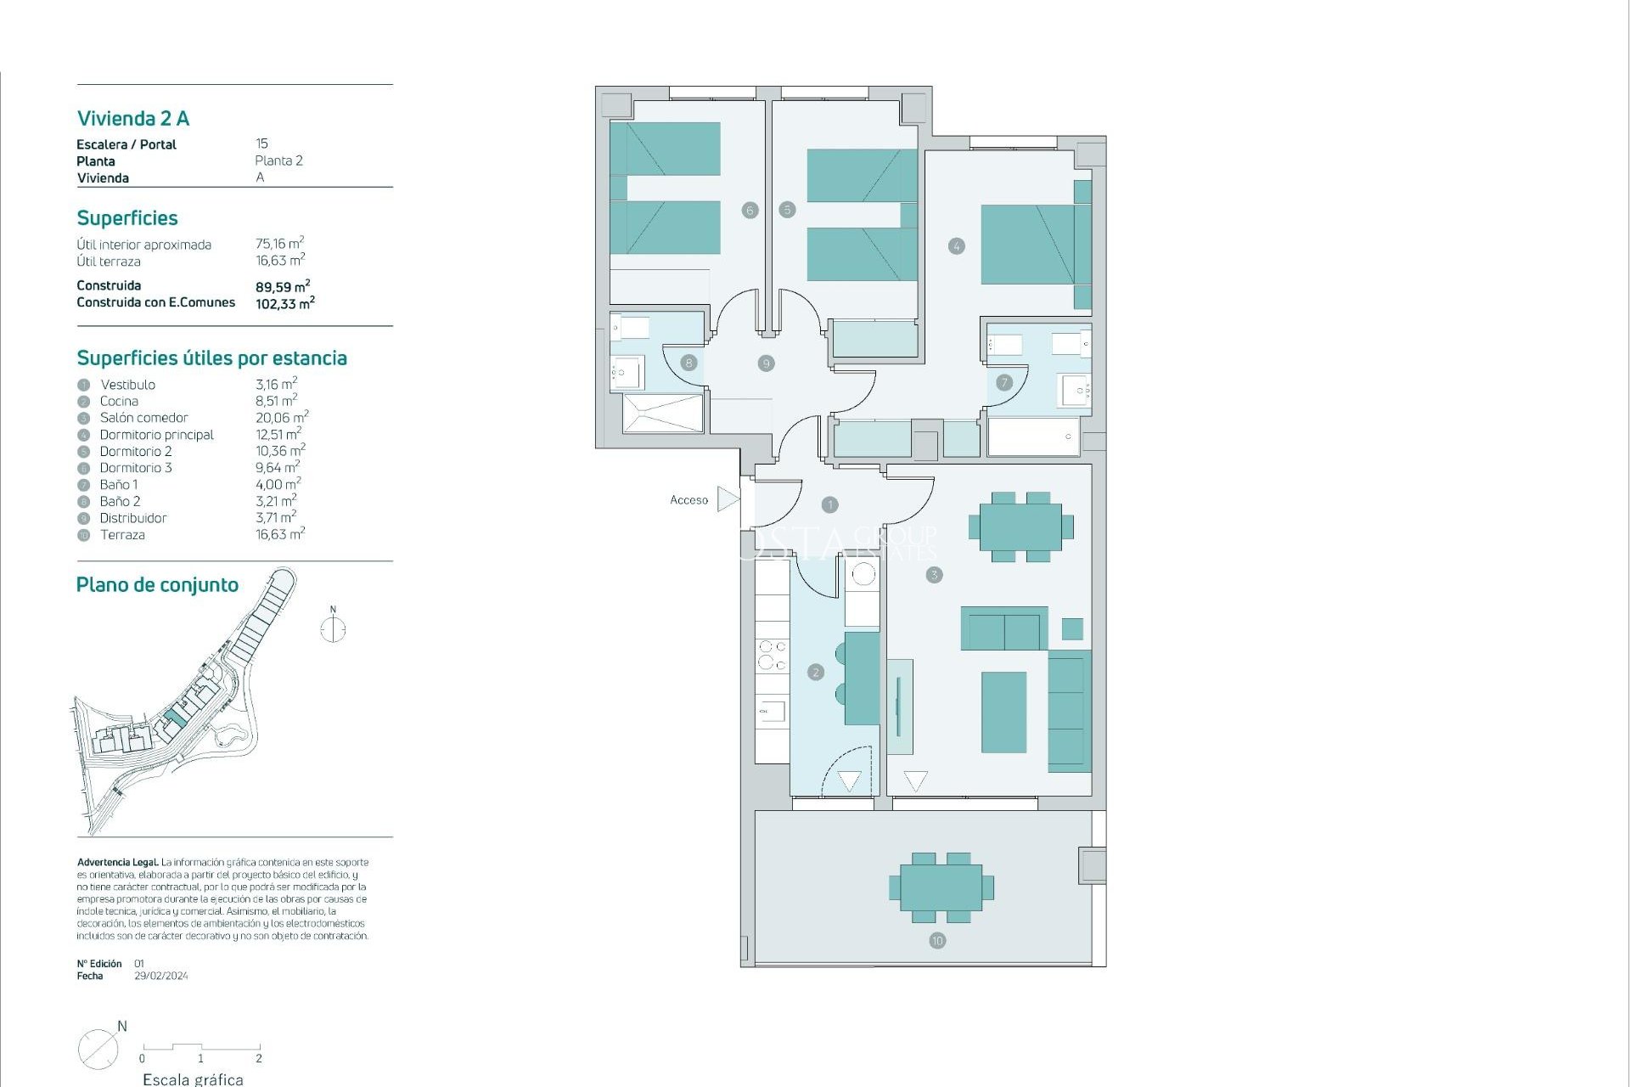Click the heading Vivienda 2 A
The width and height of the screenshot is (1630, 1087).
click(x=133, y=119)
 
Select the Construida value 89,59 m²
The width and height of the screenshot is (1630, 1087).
click(x=283, y=287)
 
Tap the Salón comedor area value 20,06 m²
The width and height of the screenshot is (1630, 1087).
click(x=282, y=417)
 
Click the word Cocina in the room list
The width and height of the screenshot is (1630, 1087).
click(x=119, y=401)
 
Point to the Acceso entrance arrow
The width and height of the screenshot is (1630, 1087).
click(x=728, y=499)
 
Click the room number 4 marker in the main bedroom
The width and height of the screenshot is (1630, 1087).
click(x=956, y=246)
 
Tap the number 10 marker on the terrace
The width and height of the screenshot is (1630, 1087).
click(x=937, y=940)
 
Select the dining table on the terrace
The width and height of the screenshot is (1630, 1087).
click(x=941, y=887)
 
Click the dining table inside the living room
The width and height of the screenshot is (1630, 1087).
click(x=1020, y=527)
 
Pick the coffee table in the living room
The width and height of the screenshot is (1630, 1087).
click(x=1003, y=712)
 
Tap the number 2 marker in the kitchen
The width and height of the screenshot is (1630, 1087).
click(x=816, y=673)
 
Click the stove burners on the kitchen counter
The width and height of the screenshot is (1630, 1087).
click(x=772, y=656)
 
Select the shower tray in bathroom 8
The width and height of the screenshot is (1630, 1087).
click(x=662, y=413)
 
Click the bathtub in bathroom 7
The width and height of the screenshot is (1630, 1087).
click(x=1032, y=436)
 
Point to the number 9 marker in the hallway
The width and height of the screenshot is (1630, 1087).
click(x=766, y=363)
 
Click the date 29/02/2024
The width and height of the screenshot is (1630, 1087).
click(x=161, y=976)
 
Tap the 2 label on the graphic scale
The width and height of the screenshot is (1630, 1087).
click(x=259, y=1058)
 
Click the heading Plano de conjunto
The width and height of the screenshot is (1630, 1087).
click(x=157, y=585)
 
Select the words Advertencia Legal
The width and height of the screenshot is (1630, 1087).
click(x=117, y=862)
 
